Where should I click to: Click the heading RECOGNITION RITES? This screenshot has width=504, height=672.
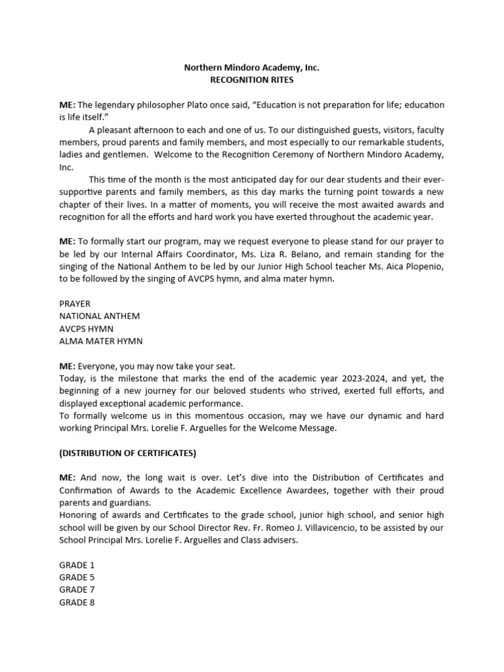tap(252, 80)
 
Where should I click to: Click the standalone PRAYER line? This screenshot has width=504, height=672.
tap(75, 304)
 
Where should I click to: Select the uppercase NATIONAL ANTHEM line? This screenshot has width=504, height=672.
tap(99, 316)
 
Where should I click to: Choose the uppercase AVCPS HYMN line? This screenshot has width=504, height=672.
tap(87, 329)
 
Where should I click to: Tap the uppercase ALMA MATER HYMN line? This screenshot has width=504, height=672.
tap(100, 341)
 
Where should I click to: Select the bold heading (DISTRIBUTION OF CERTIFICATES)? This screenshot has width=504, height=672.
tap(127, 453)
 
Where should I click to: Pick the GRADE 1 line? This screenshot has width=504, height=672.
tap(77, 564)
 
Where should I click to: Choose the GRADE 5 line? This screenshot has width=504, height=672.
tap(77, 577)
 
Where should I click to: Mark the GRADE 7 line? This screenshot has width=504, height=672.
tap(77, 589)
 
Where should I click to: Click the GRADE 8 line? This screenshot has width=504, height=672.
tap(77, 602)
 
